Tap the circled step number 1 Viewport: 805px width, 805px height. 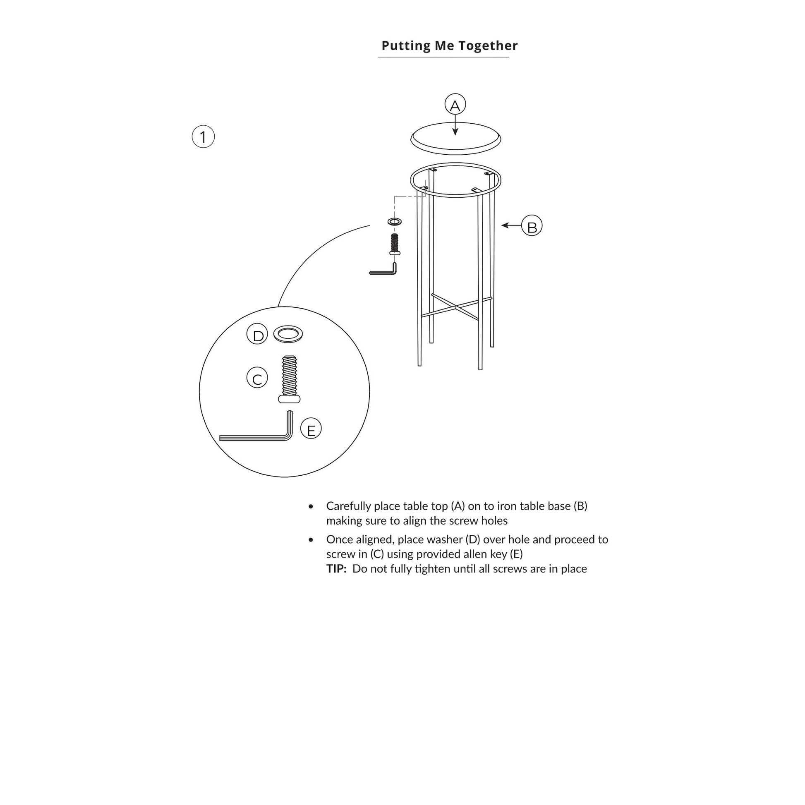coord(203,137)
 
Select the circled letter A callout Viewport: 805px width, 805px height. coord(455,105)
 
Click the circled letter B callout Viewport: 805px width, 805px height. coord(532,225)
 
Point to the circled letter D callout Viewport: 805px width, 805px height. coord(257,334)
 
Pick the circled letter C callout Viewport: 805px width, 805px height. coord(257,378)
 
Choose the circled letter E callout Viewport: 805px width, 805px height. coord(311,428)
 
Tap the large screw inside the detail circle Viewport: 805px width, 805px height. coord(289,379)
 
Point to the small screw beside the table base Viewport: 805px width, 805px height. coord(395,244)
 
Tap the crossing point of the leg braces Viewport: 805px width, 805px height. coord(456,307)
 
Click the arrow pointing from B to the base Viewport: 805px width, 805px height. coord(511,225)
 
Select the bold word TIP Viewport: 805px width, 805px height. coord(336,569)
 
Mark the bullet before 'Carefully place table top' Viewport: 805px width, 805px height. coord(311,506)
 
